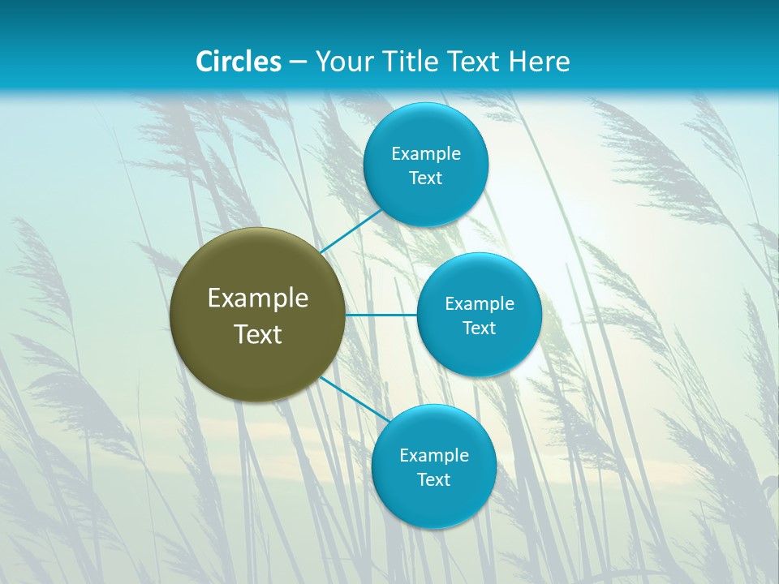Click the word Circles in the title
click(238, 62)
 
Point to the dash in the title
click(298, 62)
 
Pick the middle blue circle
click(479, 353)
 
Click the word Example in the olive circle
click(258, 298)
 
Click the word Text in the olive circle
click(258, 334)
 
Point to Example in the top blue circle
click(425, 154)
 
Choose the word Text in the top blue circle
click(425, 178)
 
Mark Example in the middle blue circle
click(479, 304)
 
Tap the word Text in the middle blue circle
click(479, 328)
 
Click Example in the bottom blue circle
click(433, 456)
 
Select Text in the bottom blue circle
click(433, 480)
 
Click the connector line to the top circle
click(351, 231)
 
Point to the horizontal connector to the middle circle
click(381, 315)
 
